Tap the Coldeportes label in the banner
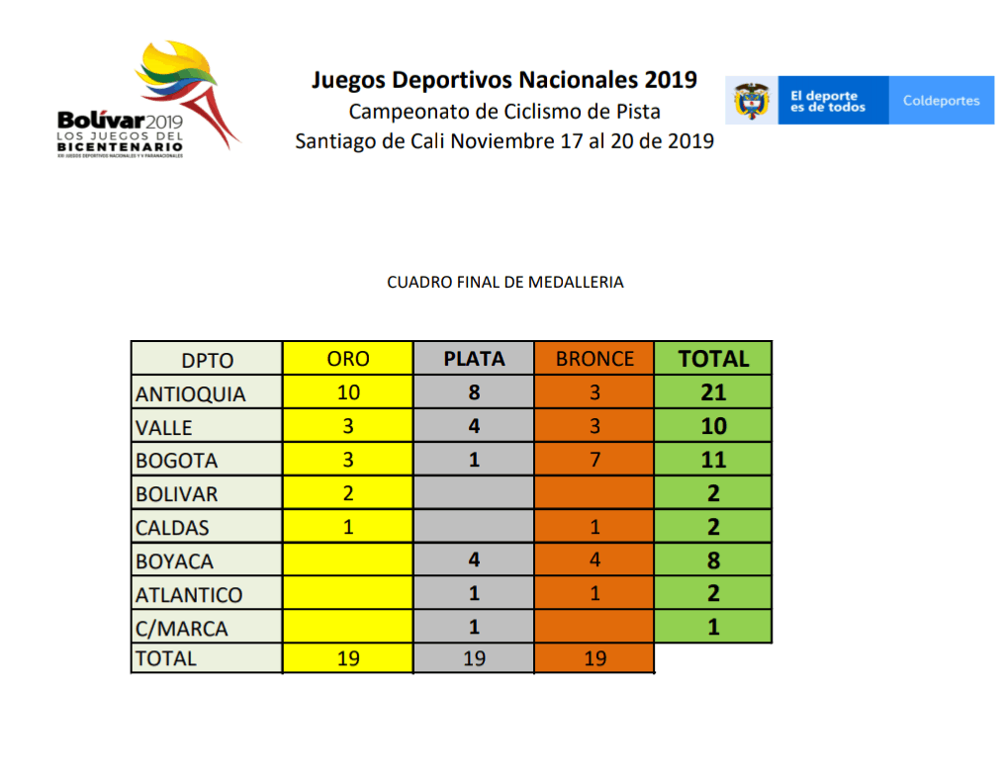(941, 101)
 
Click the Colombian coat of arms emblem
(751, 101)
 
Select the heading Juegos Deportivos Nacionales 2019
(504, 79)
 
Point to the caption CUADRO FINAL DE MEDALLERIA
(504, 282)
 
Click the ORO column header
(347, 359)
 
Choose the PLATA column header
(474, 359)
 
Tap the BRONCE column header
(594, 359)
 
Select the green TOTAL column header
(713, 359)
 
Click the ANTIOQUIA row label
(191, 393)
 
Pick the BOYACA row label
(176, 561)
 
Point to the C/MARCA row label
(181, 629)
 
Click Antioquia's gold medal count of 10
(347, 392)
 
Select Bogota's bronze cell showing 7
(594, 460)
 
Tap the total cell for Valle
(713, 426)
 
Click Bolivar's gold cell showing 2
(347, 493)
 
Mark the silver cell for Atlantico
(474, 594)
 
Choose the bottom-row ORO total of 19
(347, 658)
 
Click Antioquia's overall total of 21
(713, 392)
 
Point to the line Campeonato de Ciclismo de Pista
(504, 111)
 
